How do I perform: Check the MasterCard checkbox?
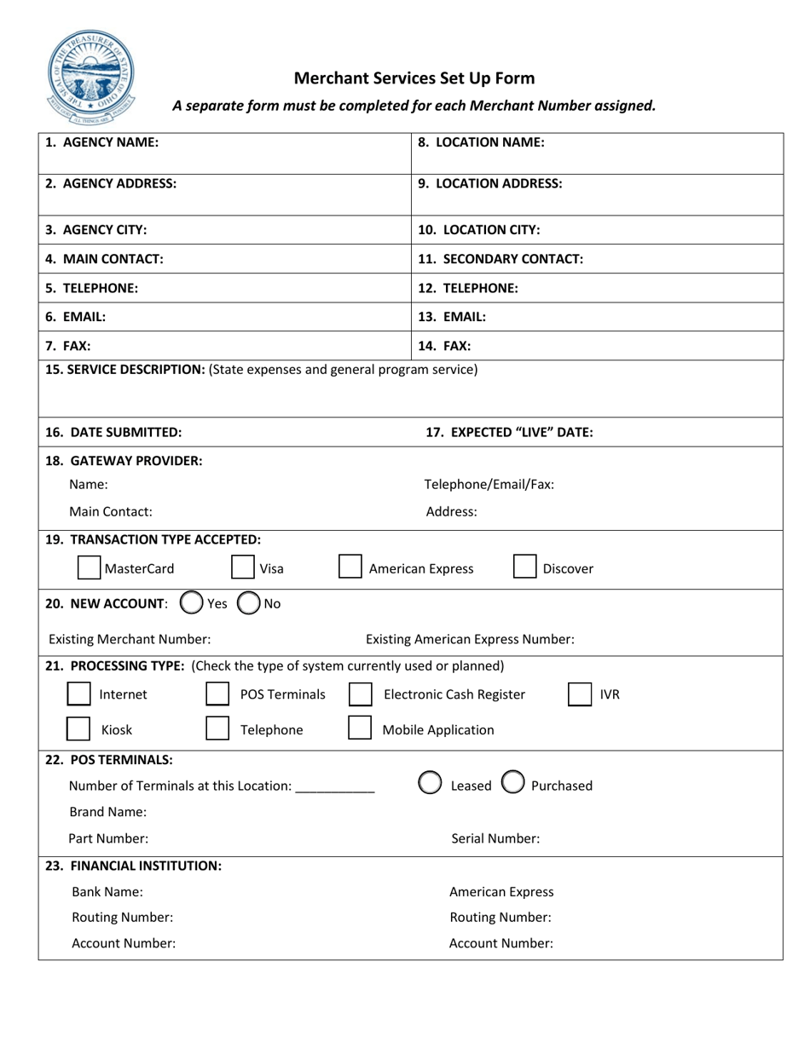[x=89, y=567]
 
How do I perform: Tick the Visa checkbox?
[x=243, y=567]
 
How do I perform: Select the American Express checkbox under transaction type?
[x=350, y=567]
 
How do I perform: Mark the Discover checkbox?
[x=524, y=567]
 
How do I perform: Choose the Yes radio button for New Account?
[x=191, y=603]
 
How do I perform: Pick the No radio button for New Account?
[x=248, y=603]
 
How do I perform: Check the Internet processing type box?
[x=78, y=694]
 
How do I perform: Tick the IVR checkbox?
[x=580, y=694]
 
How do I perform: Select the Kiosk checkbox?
[x=78, y=729]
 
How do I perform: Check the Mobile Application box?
[x=360, y=729]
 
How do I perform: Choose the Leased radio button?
[x=431, y=784]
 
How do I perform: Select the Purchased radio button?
[x=512, y=784]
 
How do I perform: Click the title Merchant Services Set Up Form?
[x=414, y=78]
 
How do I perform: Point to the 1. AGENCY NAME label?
[x=101, y=143]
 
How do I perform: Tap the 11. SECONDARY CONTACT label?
[x=500, y=259]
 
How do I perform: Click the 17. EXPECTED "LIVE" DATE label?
[x=509, y=432]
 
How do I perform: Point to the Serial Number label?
[x=495, y=838]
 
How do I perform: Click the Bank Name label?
[x=107, y=892]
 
